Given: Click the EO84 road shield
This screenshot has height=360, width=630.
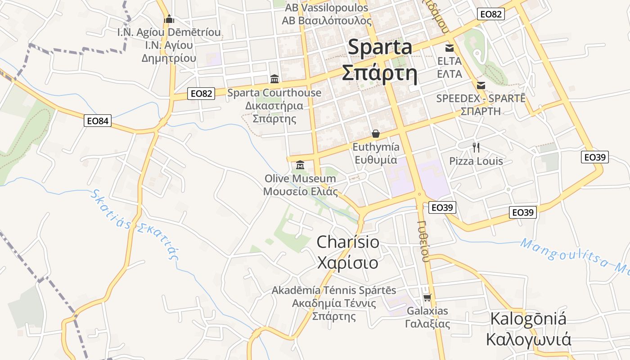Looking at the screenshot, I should point(98,121).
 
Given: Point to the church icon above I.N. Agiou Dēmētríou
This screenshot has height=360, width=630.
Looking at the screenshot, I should point(169,19).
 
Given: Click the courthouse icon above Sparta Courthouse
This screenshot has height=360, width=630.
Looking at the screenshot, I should point(274,79).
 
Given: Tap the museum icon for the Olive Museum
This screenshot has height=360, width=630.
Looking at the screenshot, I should point(300,165).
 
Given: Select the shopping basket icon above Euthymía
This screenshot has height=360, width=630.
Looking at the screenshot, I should point(376,134).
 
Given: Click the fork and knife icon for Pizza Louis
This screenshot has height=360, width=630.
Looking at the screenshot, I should point(476,147).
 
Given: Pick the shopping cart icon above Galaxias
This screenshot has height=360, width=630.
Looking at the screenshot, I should point(427,297).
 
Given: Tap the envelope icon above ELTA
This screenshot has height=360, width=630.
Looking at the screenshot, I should point(450,48).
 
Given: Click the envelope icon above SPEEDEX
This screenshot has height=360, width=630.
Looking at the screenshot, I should point(481,85).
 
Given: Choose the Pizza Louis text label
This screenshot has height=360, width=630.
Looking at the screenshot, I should point(476,161).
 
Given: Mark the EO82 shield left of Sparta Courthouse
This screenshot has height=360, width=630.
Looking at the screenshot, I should point(201,94).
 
